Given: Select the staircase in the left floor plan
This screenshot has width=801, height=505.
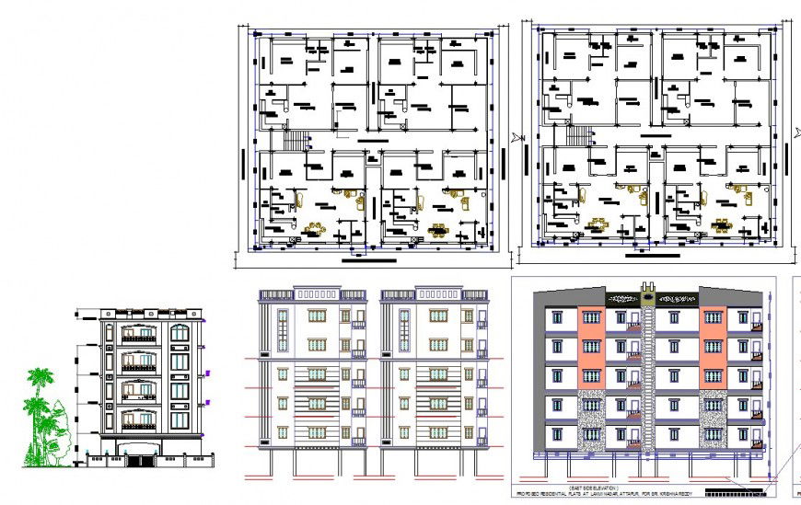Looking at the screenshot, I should pos(297,141).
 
